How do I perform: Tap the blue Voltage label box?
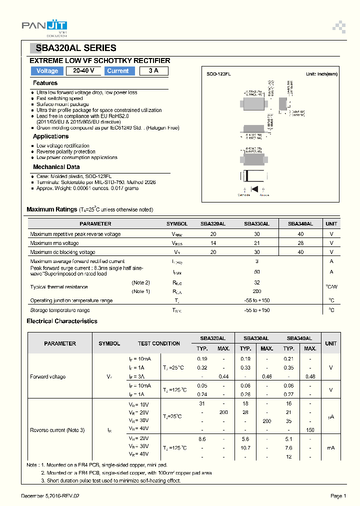(47, 71)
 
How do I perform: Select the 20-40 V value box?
(83, 71)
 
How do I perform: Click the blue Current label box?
(118, 71)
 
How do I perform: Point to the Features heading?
(45, 83)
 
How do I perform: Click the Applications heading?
(50, 136)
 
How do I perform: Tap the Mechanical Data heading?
(56, 167)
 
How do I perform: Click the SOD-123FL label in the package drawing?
(218, 74)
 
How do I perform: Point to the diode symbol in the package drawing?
(254, 189)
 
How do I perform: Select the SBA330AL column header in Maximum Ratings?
(256, 224)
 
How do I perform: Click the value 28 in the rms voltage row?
(300, 243)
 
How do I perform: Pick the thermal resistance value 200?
(257, 291)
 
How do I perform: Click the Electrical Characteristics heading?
(62, 321)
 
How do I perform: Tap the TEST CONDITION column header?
(159, 343)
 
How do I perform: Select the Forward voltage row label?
(48, 376)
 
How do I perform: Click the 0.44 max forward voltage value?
(223, 376)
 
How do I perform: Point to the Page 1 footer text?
(338, 495)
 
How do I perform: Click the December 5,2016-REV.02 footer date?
(50, 495)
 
